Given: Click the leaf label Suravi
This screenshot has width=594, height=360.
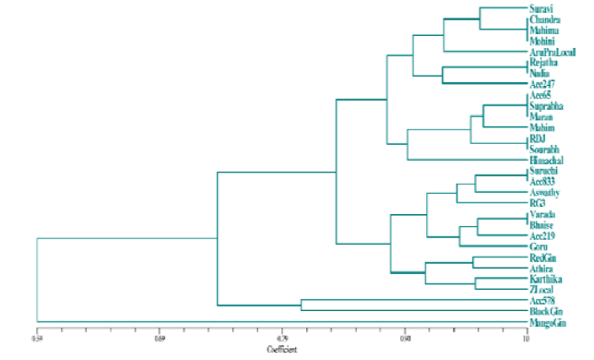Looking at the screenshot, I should tap(541, 9).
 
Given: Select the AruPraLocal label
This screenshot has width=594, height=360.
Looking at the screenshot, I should tap(550, 52).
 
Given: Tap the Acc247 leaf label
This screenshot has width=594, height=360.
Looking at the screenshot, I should tap(542, 84).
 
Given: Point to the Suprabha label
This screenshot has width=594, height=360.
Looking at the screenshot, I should tap(546, 106).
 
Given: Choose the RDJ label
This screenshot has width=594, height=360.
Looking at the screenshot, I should tap(538, 138).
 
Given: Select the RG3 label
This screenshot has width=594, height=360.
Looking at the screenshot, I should tap(537, 202).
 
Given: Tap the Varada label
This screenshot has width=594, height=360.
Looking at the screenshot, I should tap(542, 214).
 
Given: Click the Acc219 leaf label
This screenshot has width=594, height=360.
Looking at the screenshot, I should tap(542, 235).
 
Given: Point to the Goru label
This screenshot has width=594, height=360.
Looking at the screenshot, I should tap(539, 246).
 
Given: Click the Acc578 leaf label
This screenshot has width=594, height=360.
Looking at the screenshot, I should tap(542, 301).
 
